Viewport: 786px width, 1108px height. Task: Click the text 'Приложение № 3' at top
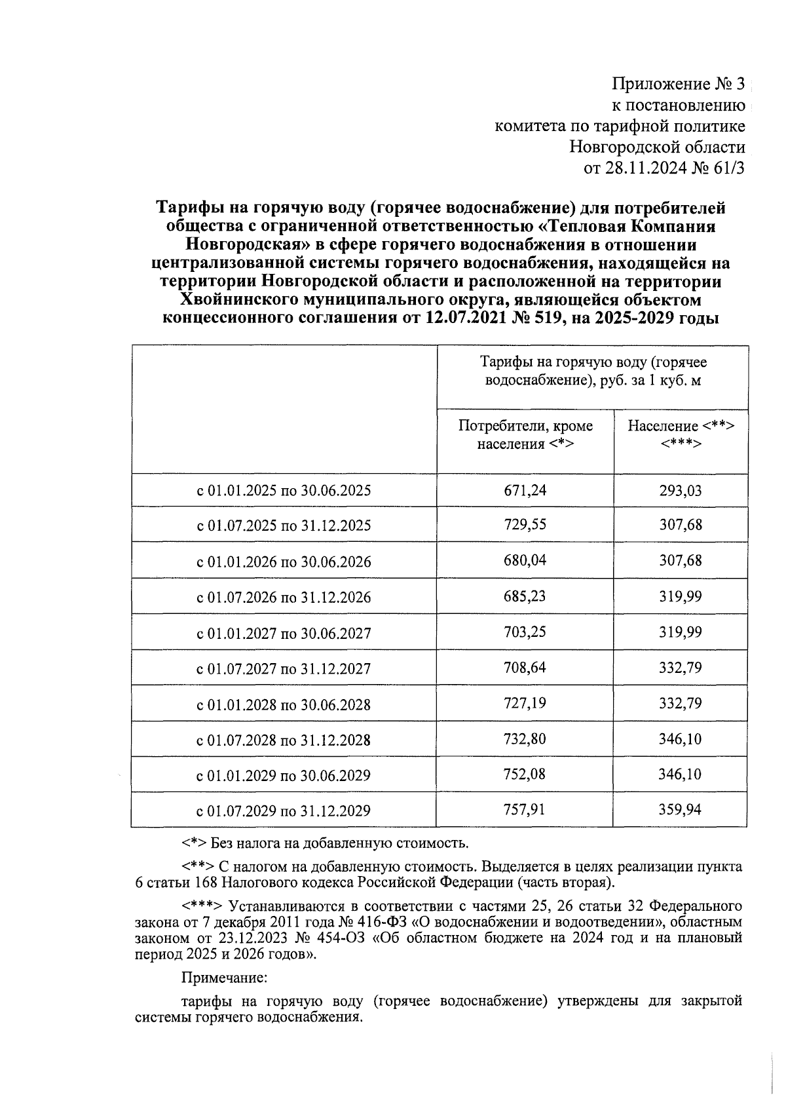[678, 85]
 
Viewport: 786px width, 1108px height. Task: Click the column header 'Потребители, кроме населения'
[525, 435]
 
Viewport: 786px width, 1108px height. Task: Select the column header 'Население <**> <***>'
[681, 435]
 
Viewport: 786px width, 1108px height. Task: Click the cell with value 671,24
[525, 490]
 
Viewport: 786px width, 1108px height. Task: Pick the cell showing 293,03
[680, 490]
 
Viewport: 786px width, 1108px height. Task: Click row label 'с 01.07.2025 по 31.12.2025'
[284, 525]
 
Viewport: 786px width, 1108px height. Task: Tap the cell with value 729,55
[525, 525]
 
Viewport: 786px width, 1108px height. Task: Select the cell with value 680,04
[525, 561]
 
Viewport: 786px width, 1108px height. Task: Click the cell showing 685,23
[525, 596]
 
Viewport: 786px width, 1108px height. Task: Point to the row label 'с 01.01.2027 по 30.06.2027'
[284, 633]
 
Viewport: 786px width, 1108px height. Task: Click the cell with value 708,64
[525, 668]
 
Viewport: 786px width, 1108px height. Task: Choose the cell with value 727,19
[525, 703]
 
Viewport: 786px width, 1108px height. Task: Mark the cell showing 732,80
[525, 739]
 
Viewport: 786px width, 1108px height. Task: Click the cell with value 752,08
[525, 774]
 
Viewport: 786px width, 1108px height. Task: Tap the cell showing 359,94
[680, 810]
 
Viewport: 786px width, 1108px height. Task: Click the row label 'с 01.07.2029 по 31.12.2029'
[284, 811]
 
